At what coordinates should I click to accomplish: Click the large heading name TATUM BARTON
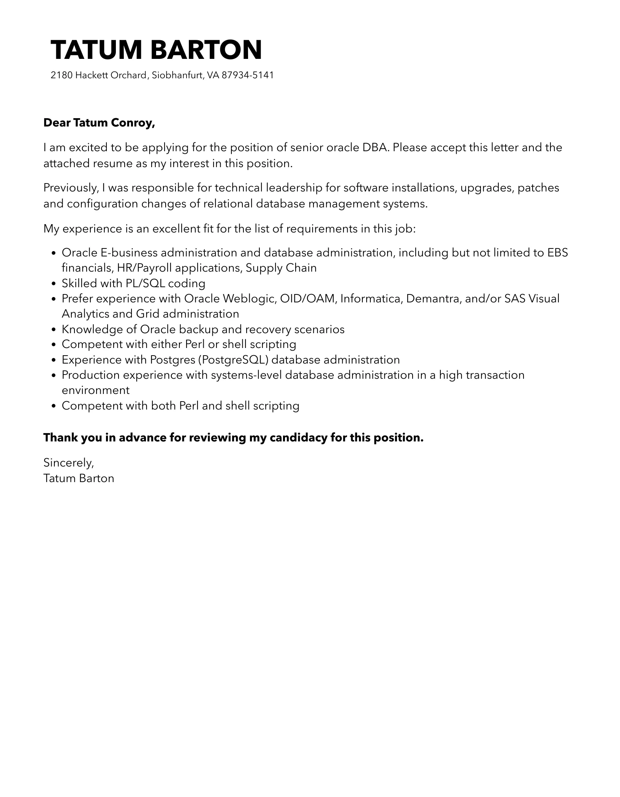coord(156,50)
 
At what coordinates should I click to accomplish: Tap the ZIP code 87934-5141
coord(247,75)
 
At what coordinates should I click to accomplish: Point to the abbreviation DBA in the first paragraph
coord(375,147)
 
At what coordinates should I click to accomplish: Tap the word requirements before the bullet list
coord(321,229)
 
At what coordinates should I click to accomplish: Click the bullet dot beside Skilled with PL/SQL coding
coord(54,284)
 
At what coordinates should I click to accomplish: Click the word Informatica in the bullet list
coord(371,299)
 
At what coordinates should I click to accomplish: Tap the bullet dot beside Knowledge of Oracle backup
coord(54,330)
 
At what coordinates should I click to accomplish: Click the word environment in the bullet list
coord(95,390)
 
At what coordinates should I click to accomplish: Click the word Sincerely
coord(68,463)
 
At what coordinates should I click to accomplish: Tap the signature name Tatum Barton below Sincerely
coord(79,478)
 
